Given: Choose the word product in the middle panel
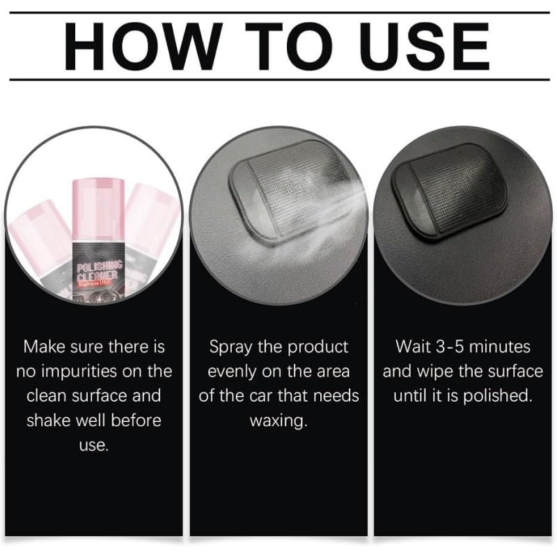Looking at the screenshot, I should tap(316, 346).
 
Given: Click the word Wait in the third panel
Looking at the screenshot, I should tap(411, 346).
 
